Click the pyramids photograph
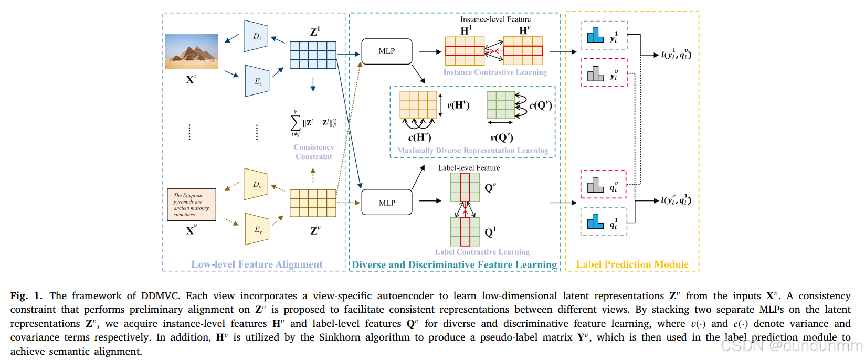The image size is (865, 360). click(191, 51)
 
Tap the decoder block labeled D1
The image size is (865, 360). click(256, 36)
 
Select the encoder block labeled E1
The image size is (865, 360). click(257, 81)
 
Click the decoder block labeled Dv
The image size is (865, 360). click(256, 184)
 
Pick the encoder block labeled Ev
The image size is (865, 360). click(257, 229)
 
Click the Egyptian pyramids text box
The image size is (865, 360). click(192, 204)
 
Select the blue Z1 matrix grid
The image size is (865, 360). click(313, 55)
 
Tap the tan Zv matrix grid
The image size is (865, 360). click(313, 203)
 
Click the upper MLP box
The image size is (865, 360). click(387, 51)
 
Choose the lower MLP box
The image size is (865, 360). click(387, 203)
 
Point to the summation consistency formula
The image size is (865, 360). click(313, 123)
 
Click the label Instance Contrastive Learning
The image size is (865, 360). click(495, 72)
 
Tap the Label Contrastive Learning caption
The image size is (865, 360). click(482, 252)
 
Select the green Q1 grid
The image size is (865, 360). click(465, 232)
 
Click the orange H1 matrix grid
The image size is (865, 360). click(465, 51)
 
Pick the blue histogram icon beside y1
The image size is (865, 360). click(595, 36)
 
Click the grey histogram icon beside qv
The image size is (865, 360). click(595, 185)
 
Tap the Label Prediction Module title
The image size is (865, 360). click(632, 264)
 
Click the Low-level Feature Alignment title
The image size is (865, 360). click(257, 264)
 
